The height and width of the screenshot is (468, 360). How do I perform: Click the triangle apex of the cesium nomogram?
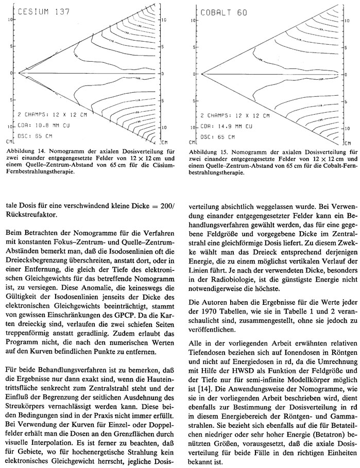[x=19, y=73]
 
